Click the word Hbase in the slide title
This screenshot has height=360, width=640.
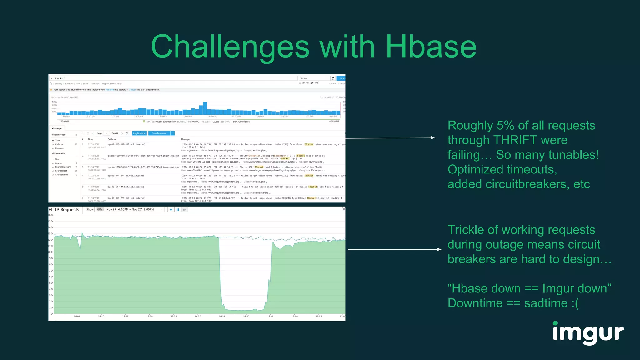tap(431, 47)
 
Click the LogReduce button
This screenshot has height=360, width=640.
tap(139, 133)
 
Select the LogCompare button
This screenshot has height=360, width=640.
tap(159, 133)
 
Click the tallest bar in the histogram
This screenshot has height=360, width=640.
tap(205, 108)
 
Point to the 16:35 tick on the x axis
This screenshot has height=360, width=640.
tap(222, 316)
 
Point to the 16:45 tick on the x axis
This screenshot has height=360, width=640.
tap(270, 316)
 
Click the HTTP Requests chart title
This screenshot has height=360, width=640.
tap(64, 210)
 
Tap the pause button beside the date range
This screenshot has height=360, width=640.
tap(178, 210)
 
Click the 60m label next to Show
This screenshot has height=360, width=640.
tap(100, 209)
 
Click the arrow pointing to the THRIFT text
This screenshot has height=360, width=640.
tap(391, 138)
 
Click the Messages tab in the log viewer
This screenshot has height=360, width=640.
tap(57, 128)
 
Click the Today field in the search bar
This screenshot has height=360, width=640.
tap(314, 78)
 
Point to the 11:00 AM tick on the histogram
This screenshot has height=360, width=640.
tap(212, 116)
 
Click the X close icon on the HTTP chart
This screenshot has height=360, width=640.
tap(344, 209)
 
